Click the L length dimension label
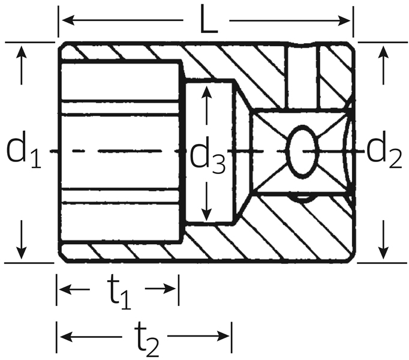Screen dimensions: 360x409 point(207,22)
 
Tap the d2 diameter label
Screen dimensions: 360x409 point(384,151)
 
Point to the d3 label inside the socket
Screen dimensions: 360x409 point(207,158)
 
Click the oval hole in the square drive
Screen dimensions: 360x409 point(302,151)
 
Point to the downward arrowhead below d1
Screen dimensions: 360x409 point(22,251)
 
